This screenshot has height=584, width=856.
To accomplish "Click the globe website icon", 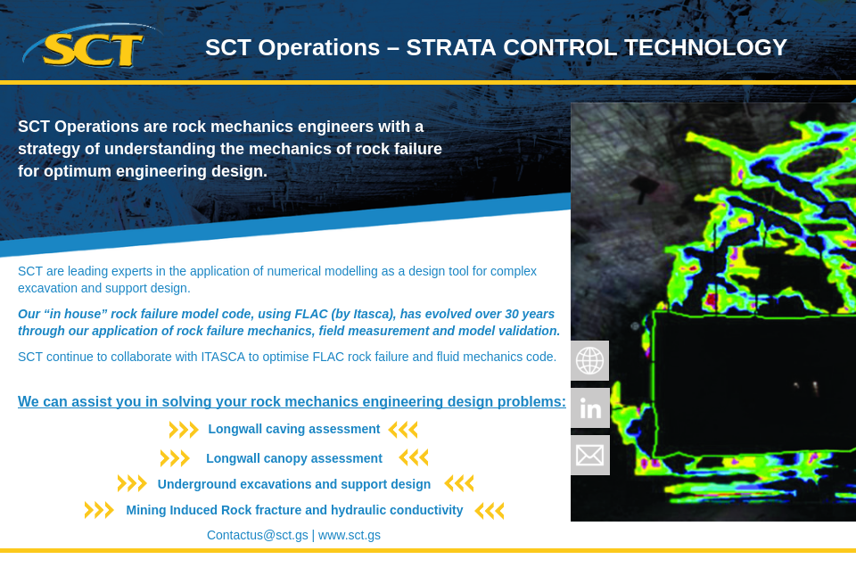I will [x=589, y=360].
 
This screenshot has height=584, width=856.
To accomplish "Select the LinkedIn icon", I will [x=589, y=407].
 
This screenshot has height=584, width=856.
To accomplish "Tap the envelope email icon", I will [x=589, y=455].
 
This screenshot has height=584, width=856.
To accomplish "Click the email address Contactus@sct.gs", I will [x=257, y=535].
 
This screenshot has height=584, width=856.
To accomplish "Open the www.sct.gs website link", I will [x=350, y=535].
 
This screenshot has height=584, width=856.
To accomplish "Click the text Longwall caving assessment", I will [x=293, y=429].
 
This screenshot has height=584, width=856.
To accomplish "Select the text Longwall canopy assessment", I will [x=293, y=458].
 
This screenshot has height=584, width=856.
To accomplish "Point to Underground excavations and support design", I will [x=293, y=484].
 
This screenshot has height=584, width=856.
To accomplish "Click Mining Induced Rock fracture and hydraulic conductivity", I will [x=294, y=510].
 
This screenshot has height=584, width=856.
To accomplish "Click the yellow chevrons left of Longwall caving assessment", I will [x=184, y=430].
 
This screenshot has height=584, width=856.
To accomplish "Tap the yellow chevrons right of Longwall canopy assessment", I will [x=414, y=457].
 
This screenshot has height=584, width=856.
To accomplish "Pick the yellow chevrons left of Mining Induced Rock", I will [x=99, y=510].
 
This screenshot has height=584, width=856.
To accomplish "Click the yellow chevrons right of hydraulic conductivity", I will [x=490, y=511].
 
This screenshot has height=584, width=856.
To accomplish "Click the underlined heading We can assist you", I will [x=292, y=401].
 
